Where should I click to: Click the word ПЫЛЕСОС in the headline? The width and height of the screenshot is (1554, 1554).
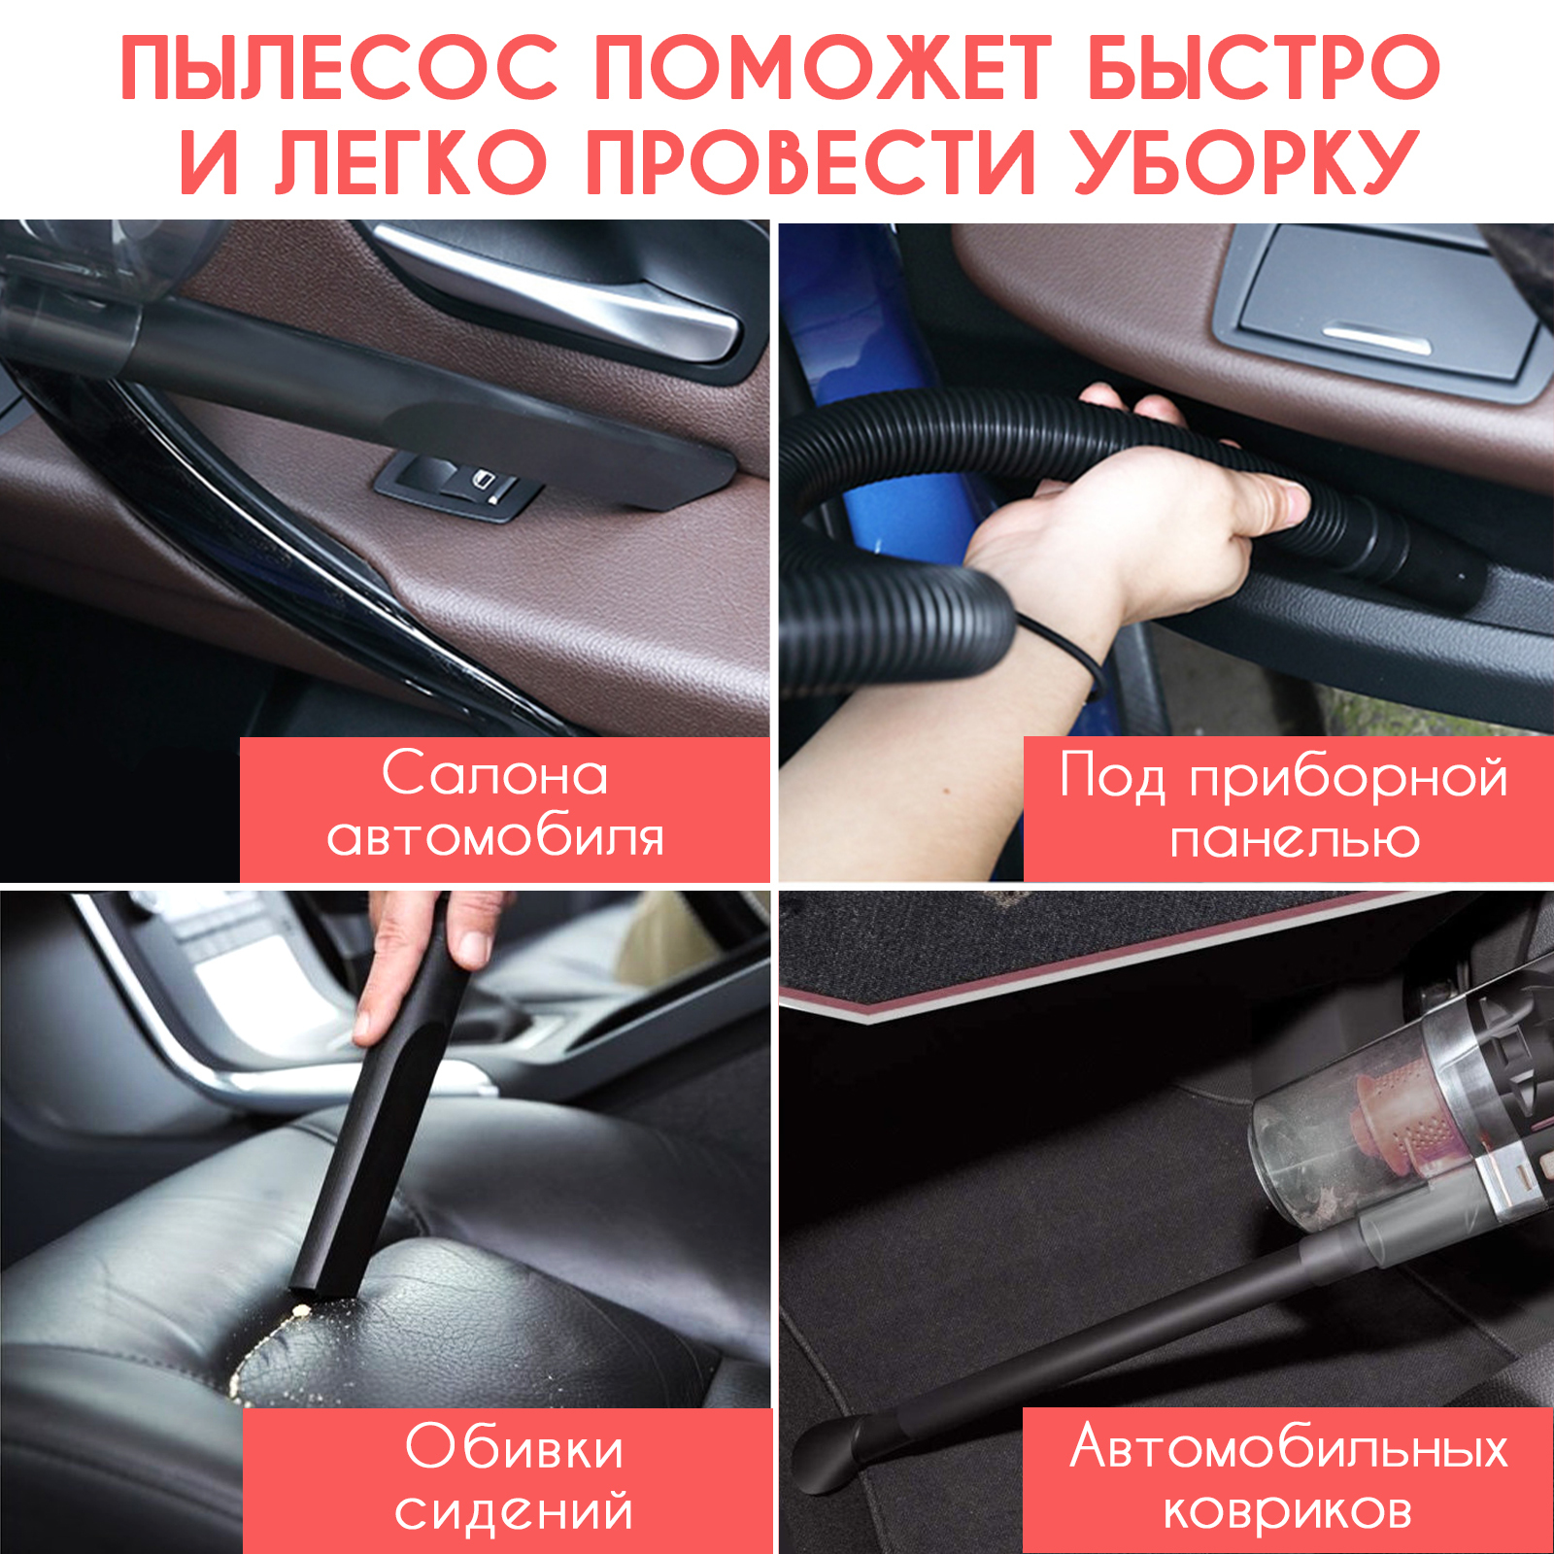pyautogui.click(x=339, y=68)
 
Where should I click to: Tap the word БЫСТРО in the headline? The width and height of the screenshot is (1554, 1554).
pyautogui.click(x=1264, y=68)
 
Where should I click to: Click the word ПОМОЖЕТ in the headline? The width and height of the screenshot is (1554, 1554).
pyautogui.click(x=823, y=68)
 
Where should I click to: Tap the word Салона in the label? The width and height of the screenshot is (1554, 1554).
pyautogui.click(x=495, y=774)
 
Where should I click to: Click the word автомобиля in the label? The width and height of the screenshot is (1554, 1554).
pyautogui.click(x=495, y=837)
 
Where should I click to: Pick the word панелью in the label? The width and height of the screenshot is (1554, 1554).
pyautogui.click(x=1295, y=838)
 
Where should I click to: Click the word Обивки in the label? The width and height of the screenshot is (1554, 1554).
pyautogui.click(x=514, y=1447)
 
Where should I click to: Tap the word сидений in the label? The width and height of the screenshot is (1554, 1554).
pyautogui.click(x=514, y=1510)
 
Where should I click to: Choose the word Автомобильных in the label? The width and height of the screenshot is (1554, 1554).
pyautogui.click(x=1289, y=1447)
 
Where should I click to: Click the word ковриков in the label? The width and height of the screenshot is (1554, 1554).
pyautogui.click(x=1288, y=1510)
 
